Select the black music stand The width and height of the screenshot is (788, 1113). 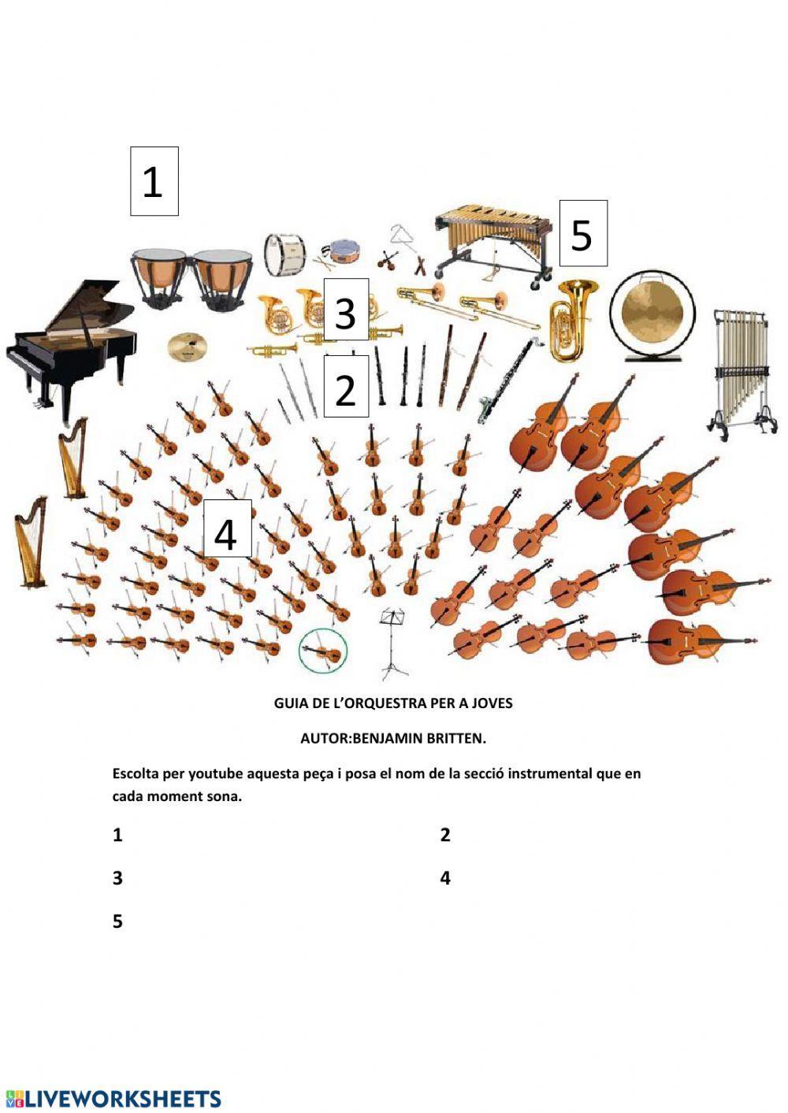click(393, 642)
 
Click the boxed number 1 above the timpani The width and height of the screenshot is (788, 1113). click(154, 181)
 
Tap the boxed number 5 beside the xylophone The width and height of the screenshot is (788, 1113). click(582, 234)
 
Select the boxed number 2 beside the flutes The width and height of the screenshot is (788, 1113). click(346, 387)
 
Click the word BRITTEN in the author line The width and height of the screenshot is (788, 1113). click(456, 738)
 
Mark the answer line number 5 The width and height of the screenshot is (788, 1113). click(118, 921)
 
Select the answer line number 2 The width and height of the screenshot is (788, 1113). click(445, 835)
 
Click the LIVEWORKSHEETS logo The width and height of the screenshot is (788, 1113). click(113, 1098)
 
